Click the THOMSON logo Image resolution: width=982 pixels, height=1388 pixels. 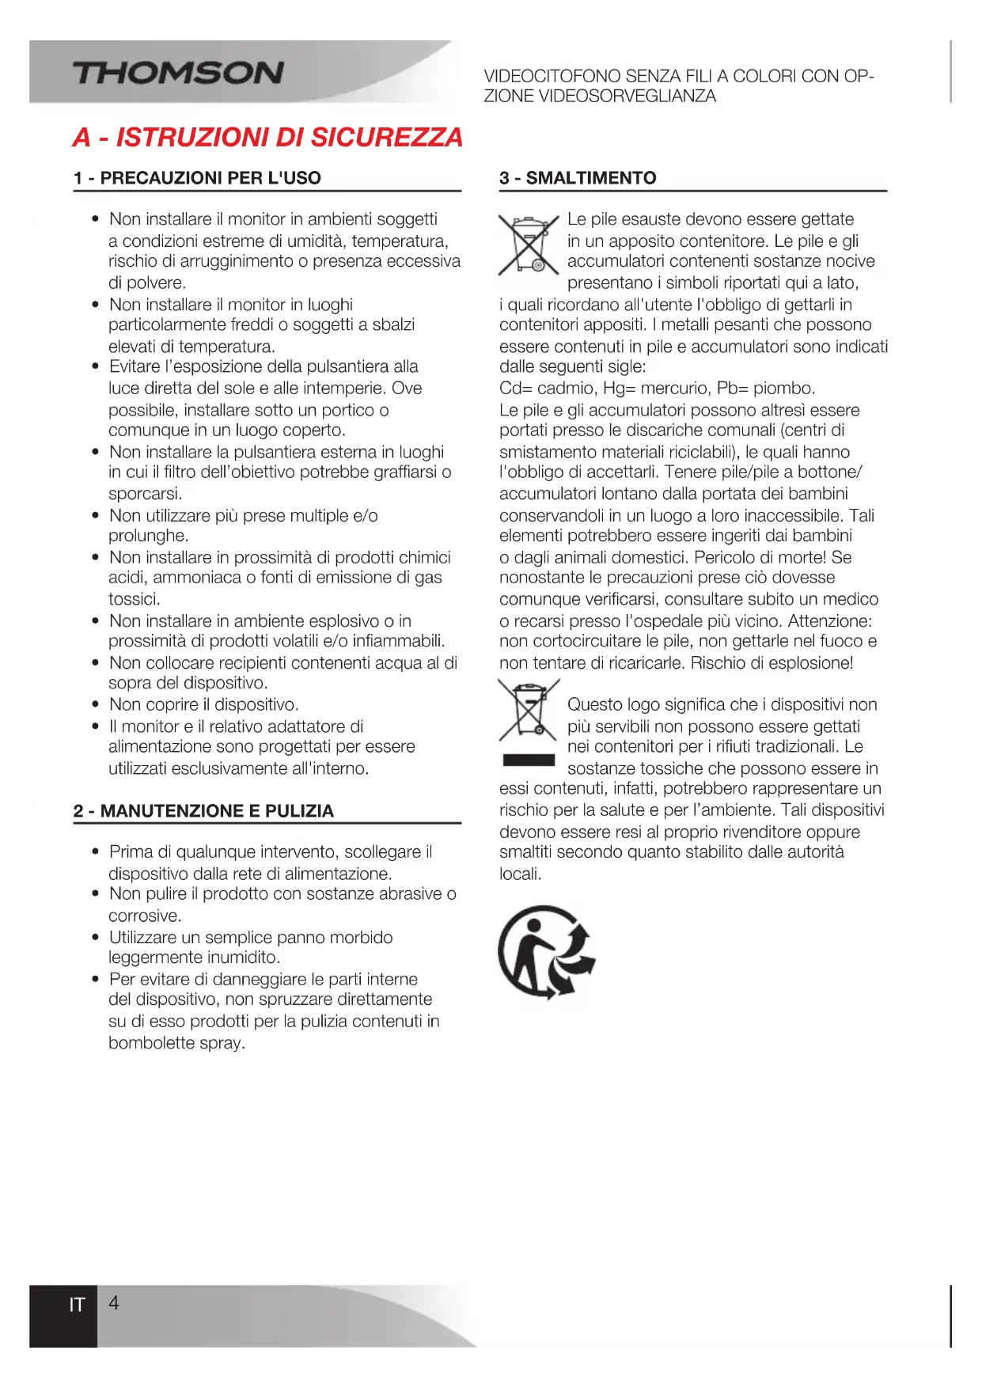click(178, 74)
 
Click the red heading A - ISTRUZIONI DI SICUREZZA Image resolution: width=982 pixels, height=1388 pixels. click(267, 138)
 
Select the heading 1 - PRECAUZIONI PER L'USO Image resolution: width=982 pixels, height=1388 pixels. click(197, 178)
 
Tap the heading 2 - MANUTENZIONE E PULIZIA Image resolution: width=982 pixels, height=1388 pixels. click(203, 811)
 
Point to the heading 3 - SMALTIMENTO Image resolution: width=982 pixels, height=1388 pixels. click(578, 178)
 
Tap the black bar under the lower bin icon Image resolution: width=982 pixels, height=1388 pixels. click(529, 760)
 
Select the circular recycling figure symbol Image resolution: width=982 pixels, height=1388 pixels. click(546, 952)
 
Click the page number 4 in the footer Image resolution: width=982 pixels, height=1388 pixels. click(114, 1303)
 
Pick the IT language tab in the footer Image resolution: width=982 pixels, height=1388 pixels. click(77, 1305)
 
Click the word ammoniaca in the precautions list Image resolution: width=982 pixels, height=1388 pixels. click(196, 578)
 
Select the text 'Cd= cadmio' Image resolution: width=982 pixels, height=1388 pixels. click(537, 389)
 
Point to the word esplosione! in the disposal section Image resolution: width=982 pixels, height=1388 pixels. click(809, 663)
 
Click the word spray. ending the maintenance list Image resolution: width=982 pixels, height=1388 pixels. click(222, 1043)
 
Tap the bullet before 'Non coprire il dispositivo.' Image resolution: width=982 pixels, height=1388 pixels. click(95, 704)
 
